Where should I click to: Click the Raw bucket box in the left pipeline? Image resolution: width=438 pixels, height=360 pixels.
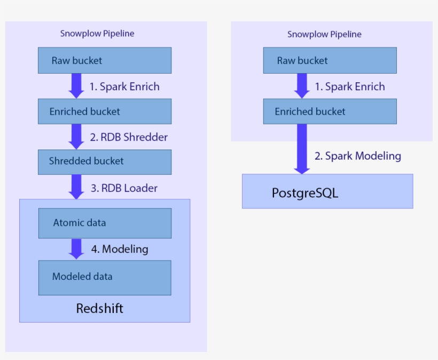point(104,60)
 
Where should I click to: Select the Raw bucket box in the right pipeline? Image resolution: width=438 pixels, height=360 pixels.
point(330,60)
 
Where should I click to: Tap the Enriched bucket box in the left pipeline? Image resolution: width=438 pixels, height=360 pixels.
point(104,112)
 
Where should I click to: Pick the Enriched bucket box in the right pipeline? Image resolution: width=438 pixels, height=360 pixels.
point(330,112)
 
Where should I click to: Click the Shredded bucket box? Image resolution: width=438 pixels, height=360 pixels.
point(104,161)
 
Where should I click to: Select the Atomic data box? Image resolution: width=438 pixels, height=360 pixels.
point(104,223)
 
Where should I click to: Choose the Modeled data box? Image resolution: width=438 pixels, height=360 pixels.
point(104,277)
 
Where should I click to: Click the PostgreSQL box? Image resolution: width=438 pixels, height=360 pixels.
point(327,191)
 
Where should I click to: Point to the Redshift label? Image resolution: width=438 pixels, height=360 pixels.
point(99,308)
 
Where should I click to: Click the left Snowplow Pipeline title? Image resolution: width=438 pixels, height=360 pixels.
point(97,34)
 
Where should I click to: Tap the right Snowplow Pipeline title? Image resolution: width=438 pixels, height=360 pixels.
point(324,34)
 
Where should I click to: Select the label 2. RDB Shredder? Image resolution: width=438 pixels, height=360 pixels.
point(128,137)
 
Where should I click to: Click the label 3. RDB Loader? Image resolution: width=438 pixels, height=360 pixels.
point(123,188)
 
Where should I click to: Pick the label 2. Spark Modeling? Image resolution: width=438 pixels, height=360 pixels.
point(357,156)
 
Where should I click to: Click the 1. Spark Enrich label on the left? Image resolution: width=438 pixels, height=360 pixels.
point(124,87)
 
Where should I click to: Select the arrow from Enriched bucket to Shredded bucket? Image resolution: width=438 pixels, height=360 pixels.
point(76,137)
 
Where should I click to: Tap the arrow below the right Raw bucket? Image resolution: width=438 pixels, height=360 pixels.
point(302,86)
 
